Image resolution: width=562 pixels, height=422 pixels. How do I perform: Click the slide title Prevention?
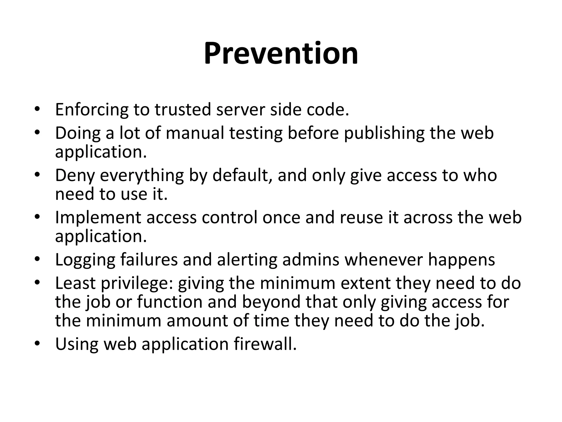point(281,53)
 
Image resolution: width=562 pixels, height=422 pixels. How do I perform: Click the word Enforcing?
point(92,110)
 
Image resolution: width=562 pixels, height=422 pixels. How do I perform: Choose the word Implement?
point(98,218)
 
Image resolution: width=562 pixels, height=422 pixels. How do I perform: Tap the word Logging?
point(85,260)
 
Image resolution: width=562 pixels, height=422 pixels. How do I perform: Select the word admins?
point(311,260)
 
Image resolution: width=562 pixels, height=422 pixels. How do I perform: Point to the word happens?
point(461,260)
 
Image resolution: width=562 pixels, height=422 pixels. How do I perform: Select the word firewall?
point(265,344)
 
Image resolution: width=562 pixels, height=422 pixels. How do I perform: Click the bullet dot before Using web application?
point(38,344)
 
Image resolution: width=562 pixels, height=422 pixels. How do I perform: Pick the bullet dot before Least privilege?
point(38,283)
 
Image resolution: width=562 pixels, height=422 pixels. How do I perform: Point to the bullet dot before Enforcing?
point(38,110)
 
